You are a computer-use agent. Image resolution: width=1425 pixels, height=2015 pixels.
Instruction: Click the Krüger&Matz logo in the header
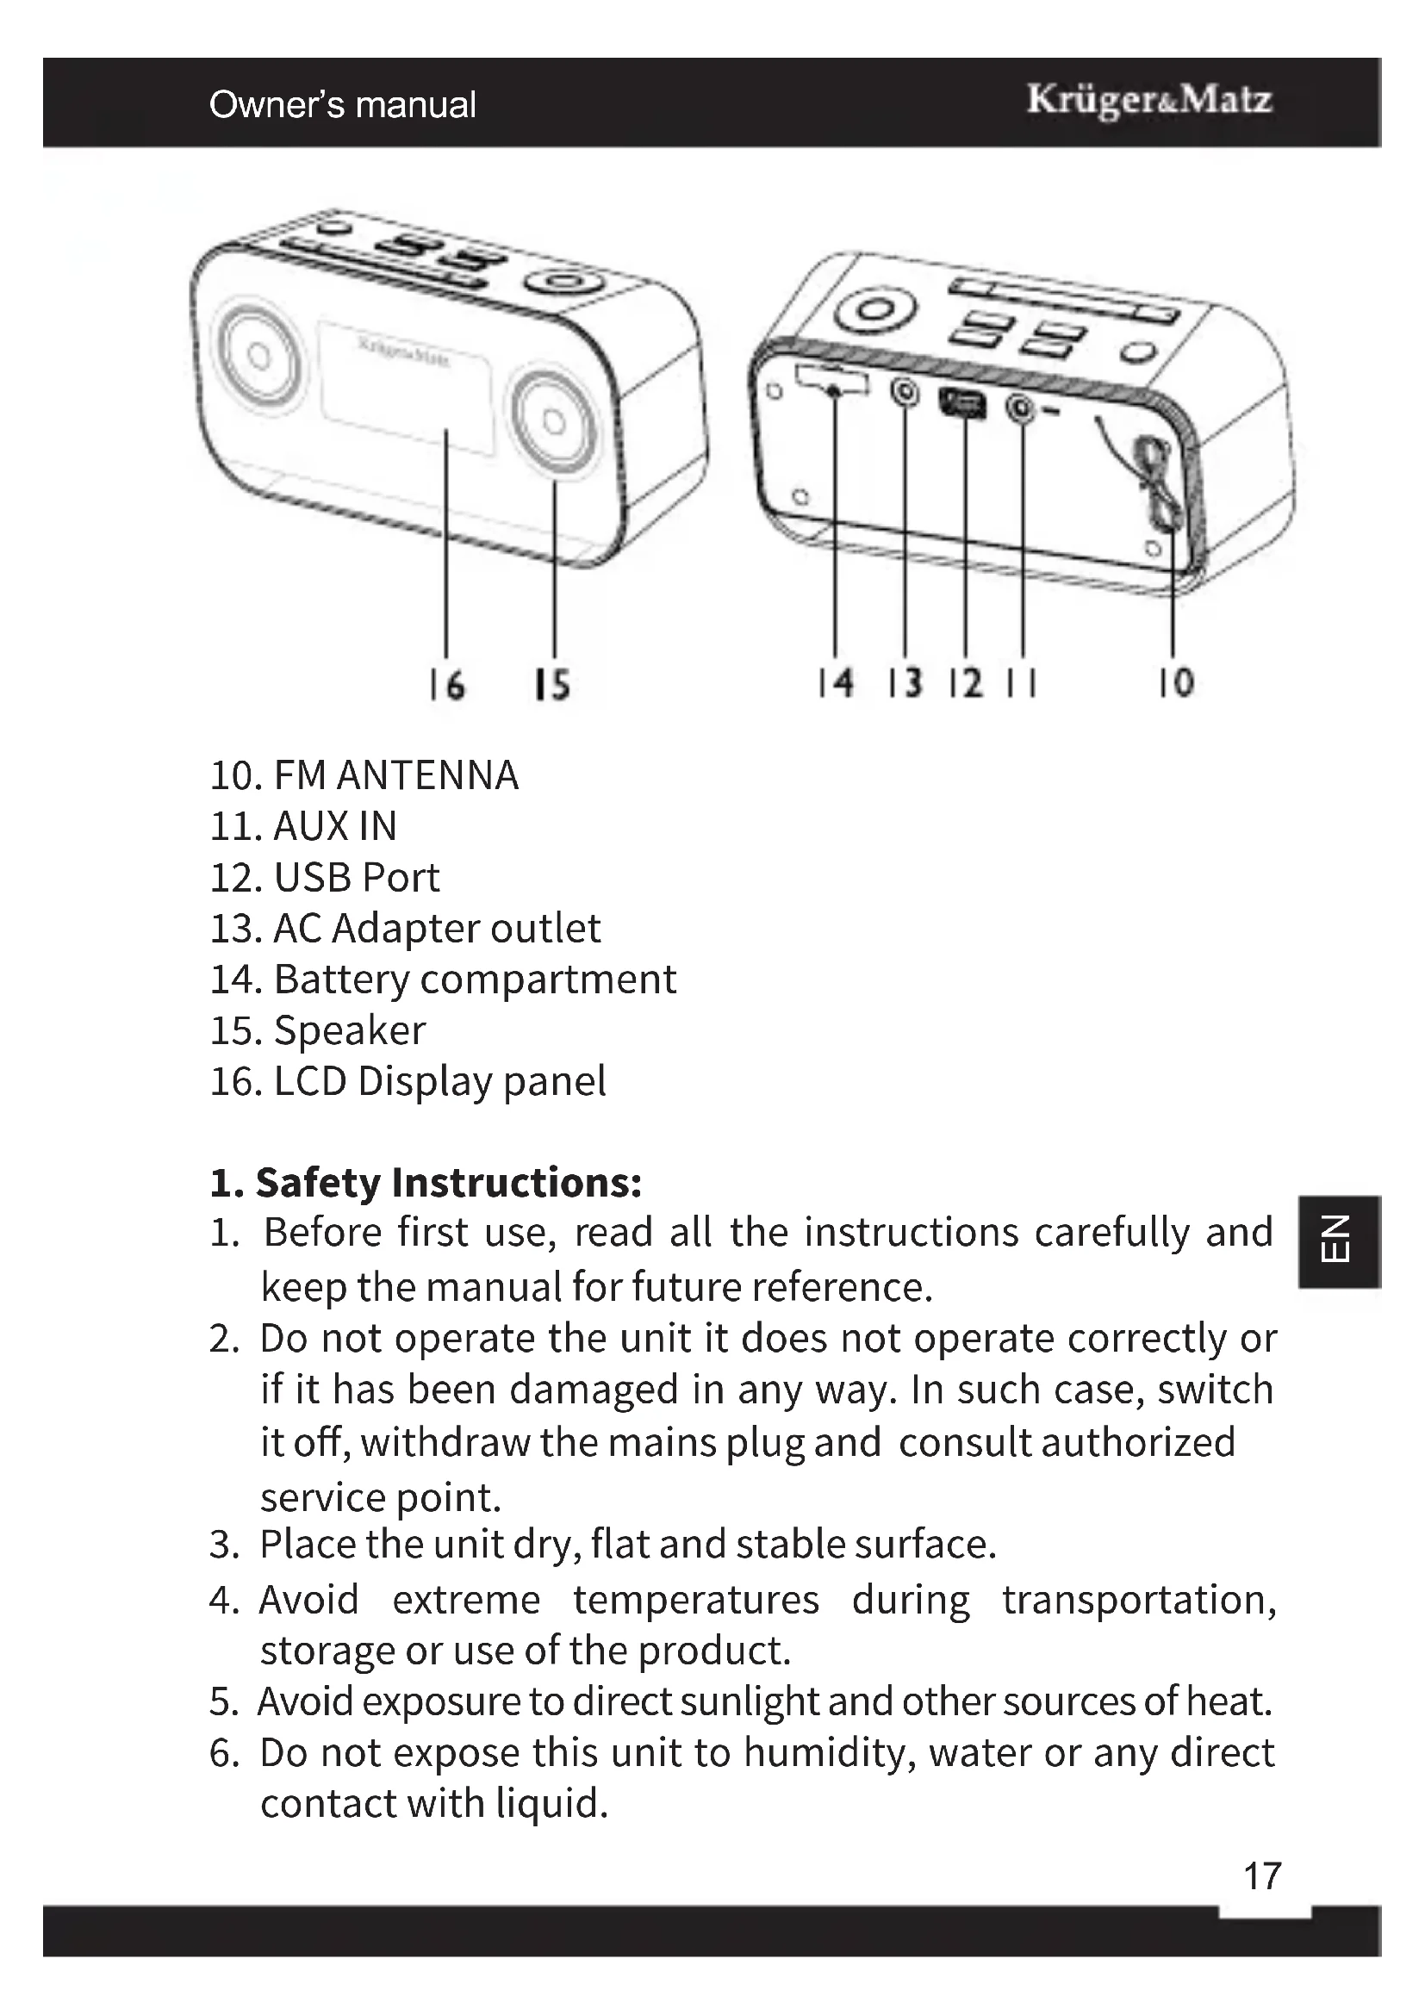(x=1149, y=101)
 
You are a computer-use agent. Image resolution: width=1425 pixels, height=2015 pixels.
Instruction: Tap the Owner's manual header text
(x=342, y=104)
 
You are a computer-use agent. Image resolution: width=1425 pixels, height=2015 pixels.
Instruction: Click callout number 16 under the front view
(x=446, y=685)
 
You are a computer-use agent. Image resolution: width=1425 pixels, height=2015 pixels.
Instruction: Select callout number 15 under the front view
(x=553, y=685)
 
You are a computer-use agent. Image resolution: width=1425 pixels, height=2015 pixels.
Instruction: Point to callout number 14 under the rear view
(x=836, y=683)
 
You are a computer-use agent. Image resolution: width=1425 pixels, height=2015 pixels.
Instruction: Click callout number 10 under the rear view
(x=1176, y=683)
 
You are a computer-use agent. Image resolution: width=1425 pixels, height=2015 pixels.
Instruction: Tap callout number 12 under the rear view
(x=965, y=683)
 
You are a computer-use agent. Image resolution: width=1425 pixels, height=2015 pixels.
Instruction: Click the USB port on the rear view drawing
(x=963, y=404)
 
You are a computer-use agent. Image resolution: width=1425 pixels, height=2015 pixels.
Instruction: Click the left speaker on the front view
(x=255, y=356)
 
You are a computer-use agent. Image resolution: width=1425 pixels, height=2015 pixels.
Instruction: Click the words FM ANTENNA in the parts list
(x=395, y=776)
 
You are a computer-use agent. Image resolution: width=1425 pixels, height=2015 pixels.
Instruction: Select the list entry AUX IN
(x=335, y=827)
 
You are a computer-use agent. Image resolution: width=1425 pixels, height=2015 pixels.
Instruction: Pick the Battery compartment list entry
(x=475, y=980)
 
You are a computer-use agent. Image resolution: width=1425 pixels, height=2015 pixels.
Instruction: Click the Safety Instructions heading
(x=426, y=1183)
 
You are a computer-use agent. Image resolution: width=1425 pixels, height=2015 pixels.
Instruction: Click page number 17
(x=1263, y=1876)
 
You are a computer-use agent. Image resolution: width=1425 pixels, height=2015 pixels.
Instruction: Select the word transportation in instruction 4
(x=1138, y=1600)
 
